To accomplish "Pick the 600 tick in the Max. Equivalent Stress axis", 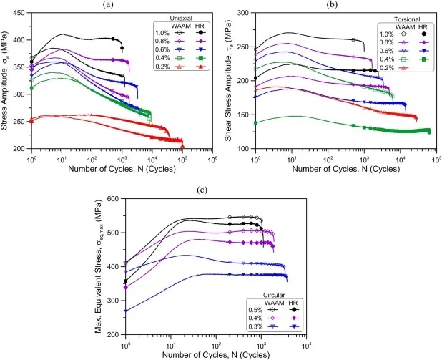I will (112, 198).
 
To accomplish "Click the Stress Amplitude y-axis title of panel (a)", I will (6, 80).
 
